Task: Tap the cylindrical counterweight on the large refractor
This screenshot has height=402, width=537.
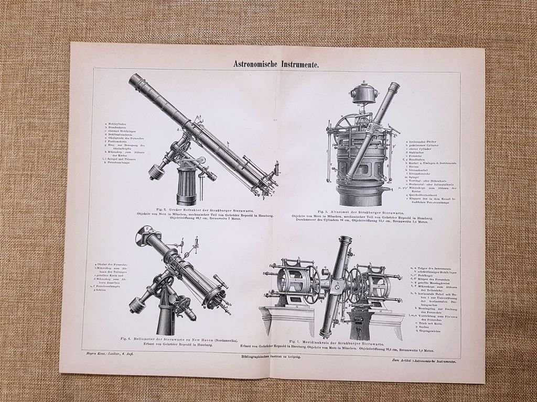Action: [x=157, y=172]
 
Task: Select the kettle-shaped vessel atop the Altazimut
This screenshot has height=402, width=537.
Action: [x=364, y=93]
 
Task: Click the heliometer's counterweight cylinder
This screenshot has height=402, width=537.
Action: [x=138, y=305]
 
